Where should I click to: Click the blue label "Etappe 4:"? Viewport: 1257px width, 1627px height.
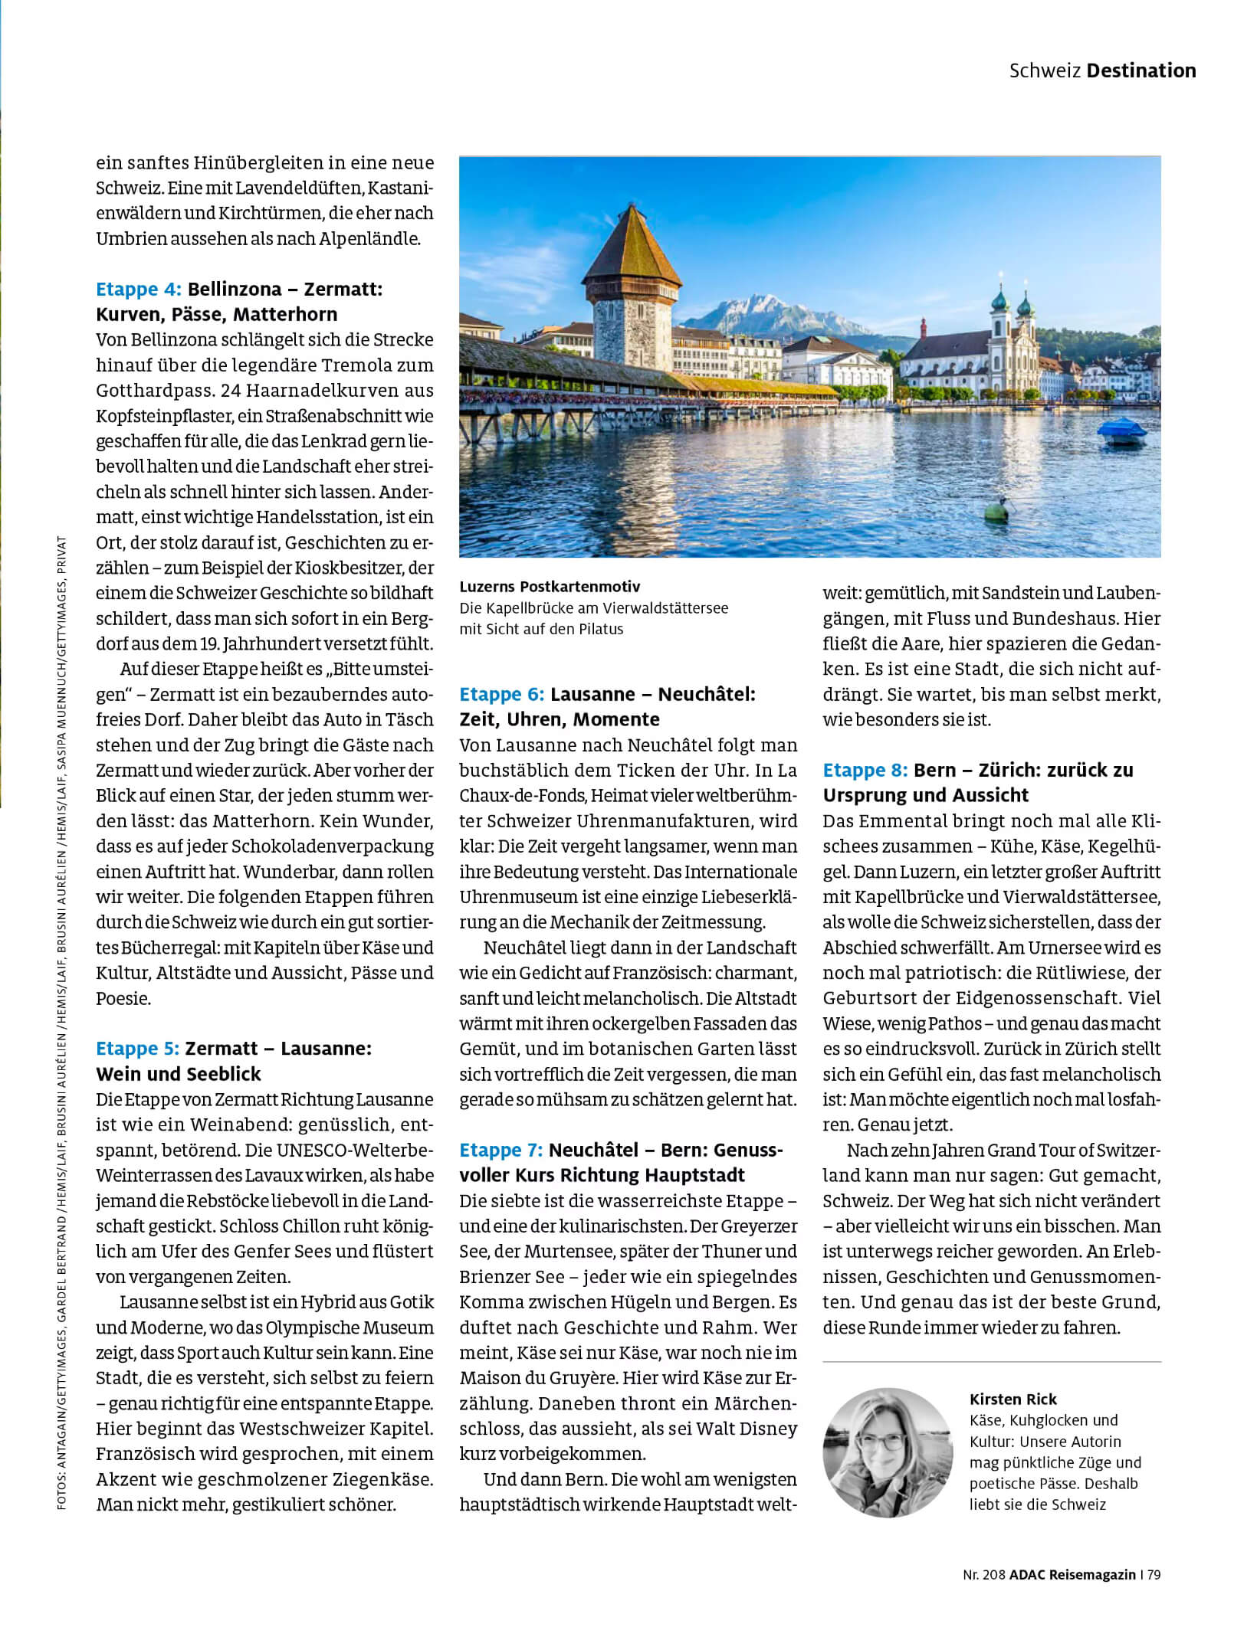click(x=138, y=290)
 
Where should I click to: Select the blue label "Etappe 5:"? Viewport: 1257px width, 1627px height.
click(x=137, y=1049)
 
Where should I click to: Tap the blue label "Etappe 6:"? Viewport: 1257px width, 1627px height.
click(x=501, y=695)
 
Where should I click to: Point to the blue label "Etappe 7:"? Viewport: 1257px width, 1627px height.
click(x=501, y=1150)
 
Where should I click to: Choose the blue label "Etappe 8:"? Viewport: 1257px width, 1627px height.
click(x=865, y=770)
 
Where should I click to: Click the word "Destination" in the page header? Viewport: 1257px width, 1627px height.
click(x=1141, y=70)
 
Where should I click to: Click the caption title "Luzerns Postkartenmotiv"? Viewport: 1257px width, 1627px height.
click(x=550, y=587)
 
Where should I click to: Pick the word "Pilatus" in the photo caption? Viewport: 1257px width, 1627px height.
click(x=602, y=629)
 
